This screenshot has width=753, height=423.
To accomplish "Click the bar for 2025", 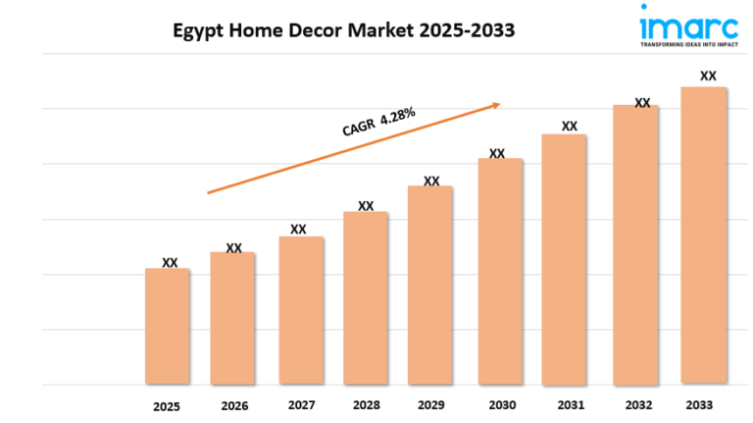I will (168, 325).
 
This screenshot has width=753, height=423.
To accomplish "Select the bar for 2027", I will (300, 309).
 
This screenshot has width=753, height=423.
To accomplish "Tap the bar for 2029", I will (429, 284).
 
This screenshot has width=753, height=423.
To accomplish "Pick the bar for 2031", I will (564, 258).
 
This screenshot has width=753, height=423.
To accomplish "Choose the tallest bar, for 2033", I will (704, 235).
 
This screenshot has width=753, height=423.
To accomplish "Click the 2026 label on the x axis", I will (234, 404).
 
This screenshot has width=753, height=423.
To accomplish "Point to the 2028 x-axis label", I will (365, 404).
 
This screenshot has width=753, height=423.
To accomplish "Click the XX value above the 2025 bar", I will (170, 262).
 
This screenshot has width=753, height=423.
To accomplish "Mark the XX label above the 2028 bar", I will (366, 206).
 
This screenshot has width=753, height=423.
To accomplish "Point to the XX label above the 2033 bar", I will (707, 75).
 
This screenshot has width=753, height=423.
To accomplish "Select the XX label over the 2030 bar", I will (497, 153).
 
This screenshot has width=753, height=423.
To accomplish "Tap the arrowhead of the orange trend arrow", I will (497, 103).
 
